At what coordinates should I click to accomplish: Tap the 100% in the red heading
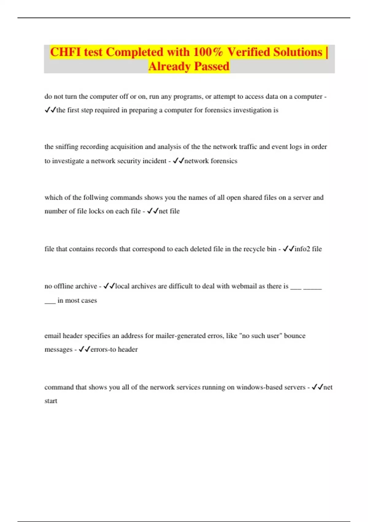tap(208, 52)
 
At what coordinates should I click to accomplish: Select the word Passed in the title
tap(212, 66)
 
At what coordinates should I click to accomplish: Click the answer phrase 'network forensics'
tap(211, 161)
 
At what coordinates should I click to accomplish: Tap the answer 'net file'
tap(169, 211)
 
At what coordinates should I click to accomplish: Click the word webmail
tap(243, 286)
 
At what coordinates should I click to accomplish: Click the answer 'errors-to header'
tap(114, 349)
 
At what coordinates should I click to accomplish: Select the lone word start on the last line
tap(51, 401)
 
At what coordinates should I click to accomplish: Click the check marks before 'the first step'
tap(50, 110)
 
